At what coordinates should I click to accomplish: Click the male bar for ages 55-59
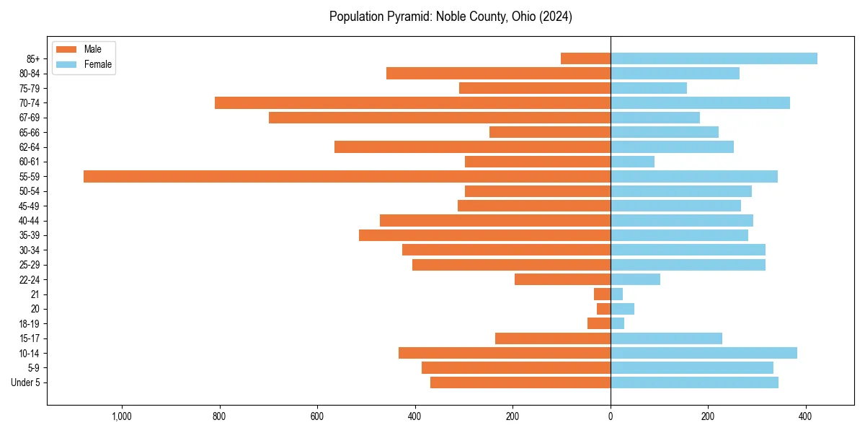tap(347, 176)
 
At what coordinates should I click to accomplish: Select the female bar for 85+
tap(714, 58)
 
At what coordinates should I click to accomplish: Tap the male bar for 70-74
tap(412, 102)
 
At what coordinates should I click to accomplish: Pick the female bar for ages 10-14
tap(704, 353)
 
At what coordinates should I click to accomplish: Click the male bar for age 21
tap(602, 294)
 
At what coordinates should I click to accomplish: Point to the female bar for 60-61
tap(632, 162)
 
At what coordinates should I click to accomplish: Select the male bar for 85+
tap(585, 58)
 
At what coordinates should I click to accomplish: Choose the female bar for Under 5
tap(694, 382)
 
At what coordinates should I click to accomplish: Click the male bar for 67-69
tap(440, 118)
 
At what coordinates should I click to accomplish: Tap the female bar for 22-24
tap(635, 279)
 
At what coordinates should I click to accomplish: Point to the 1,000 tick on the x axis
tap(121, 416)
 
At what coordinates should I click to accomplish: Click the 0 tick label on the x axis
tap(611, 416)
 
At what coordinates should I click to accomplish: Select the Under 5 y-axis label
tap(25, 382)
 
